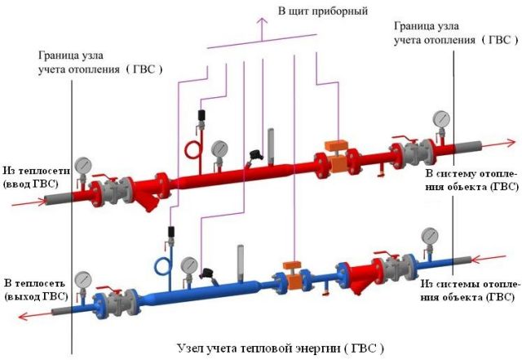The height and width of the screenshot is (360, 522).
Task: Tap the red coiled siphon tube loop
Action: tap(192, 150)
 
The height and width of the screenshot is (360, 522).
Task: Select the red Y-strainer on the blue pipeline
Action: tap(361, 275)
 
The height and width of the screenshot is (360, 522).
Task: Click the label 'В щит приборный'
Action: tap(323, 11)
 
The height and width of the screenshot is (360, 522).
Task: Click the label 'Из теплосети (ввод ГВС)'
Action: tap(37, 177)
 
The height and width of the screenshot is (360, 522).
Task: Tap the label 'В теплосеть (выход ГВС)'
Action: tap(36, 290)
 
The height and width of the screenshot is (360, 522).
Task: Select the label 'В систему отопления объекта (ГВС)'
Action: tap(472, 180)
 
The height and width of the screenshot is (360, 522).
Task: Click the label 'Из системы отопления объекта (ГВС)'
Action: tap(470, 290)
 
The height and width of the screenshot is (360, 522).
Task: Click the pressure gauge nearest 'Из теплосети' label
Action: tap(83, 167)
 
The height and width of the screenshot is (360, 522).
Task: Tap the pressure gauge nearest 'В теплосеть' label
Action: tap(83, 281)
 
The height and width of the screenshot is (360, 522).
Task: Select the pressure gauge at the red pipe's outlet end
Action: tap(441, 120)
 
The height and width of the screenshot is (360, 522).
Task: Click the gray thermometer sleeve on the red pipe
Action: tap(271, 146)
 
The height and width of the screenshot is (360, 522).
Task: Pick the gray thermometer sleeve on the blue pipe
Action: tap(241, 263)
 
